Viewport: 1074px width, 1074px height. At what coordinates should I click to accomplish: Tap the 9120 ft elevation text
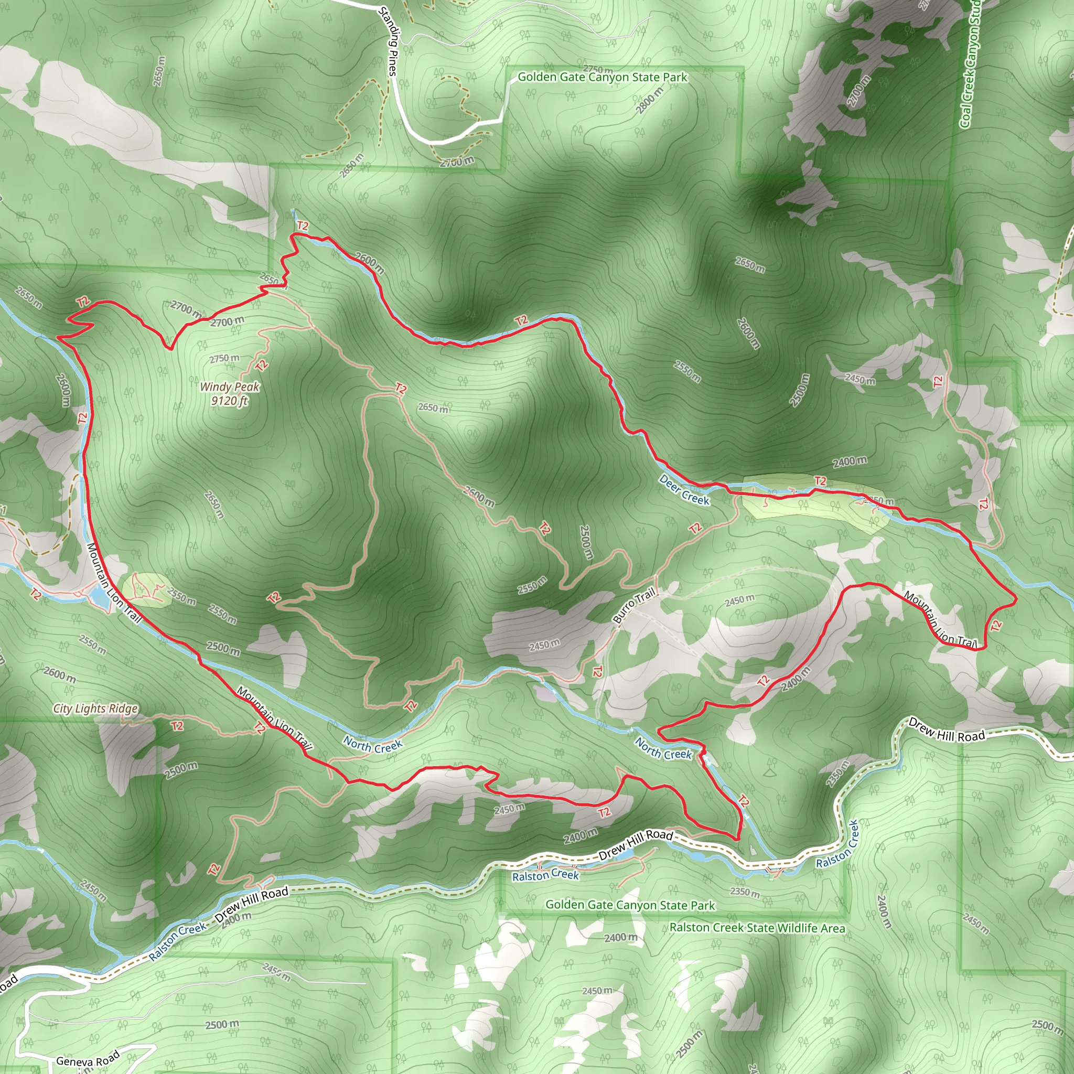(229, 400)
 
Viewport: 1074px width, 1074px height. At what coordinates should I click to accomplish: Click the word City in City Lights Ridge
(62, 708)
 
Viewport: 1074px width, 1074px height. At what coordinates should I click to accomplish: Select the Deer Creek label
(684, 490)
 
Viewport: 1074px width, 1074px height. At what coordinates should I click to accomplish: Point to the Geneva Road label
(88, 1058)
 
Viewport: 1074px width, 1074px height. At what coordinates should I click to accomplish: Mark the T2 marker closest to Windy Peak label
(262, 365)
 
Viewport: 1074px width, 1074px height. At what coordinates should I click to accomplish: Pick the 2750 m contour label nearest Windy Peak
(224, 358)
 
